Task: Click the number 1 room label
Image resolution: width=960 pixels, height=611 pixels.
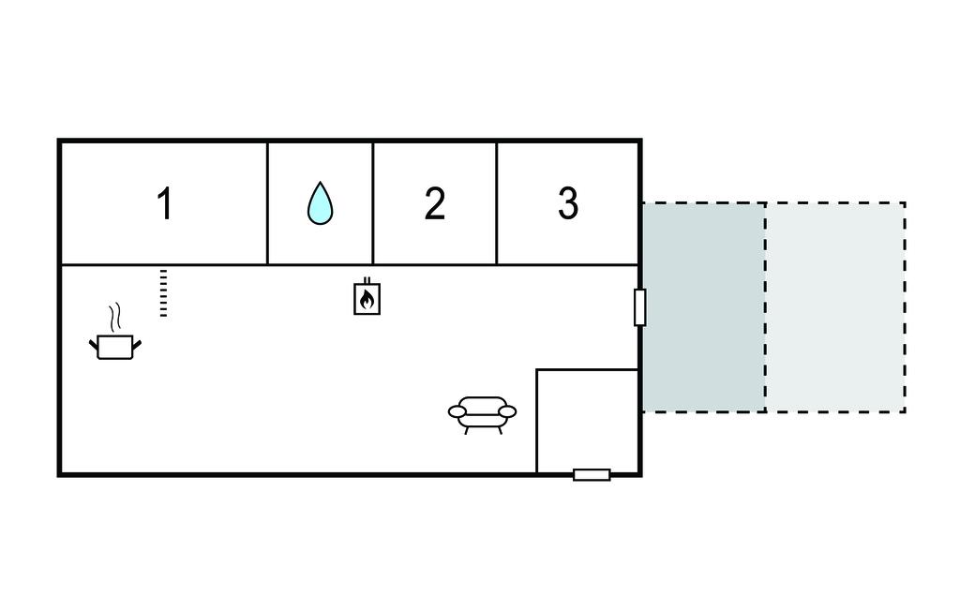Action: point(165,203)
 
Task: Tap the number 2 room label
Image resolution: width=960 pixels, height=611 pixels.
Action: point(435,203)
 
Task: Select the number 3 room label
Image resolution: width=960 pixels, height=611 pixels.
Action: point(568,203)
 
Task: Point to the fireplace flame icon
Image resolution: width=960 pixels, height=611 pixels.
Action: point(367,297)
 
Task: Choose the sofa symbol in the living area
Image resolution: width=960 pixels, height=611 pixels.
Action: point(483,415)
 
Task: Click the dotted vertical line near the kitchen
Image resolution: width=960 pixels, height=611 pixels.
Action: point(163,292)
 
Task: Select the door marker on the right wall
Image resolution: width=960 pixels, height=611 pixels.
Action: point(639,307)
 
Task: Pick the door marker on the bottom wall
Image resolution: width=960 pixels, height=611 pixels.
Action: point(592,474)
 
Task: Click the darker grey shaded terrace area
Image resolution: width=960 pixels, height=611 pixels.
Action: point(703,307)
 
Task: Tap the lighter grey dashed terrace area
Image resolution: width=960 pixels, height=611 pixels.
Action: point(835,307)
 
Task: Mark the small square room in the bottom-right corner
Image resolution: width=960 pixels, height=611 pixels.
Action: point(588,421)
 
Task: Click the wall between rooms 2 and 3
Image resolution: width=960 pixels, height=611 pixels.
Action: point(497,203)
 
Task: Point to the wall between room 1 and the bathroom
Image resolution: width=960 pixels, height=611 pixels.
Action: point(267,203)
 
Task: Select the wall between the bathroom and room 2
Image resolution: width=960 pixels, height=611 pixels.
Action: point(373,203)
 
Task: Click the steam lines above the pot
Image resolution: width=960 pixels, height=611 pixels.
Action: point(114,317)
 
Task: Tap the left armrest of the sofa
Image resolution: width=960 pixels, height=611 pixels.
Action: point(457,411)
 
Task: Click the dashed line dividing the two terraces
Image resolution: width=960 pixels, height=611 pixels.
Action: point(765,307)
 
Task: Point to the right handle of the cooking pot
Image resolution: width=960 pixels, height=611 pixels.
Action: point(137,345)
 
